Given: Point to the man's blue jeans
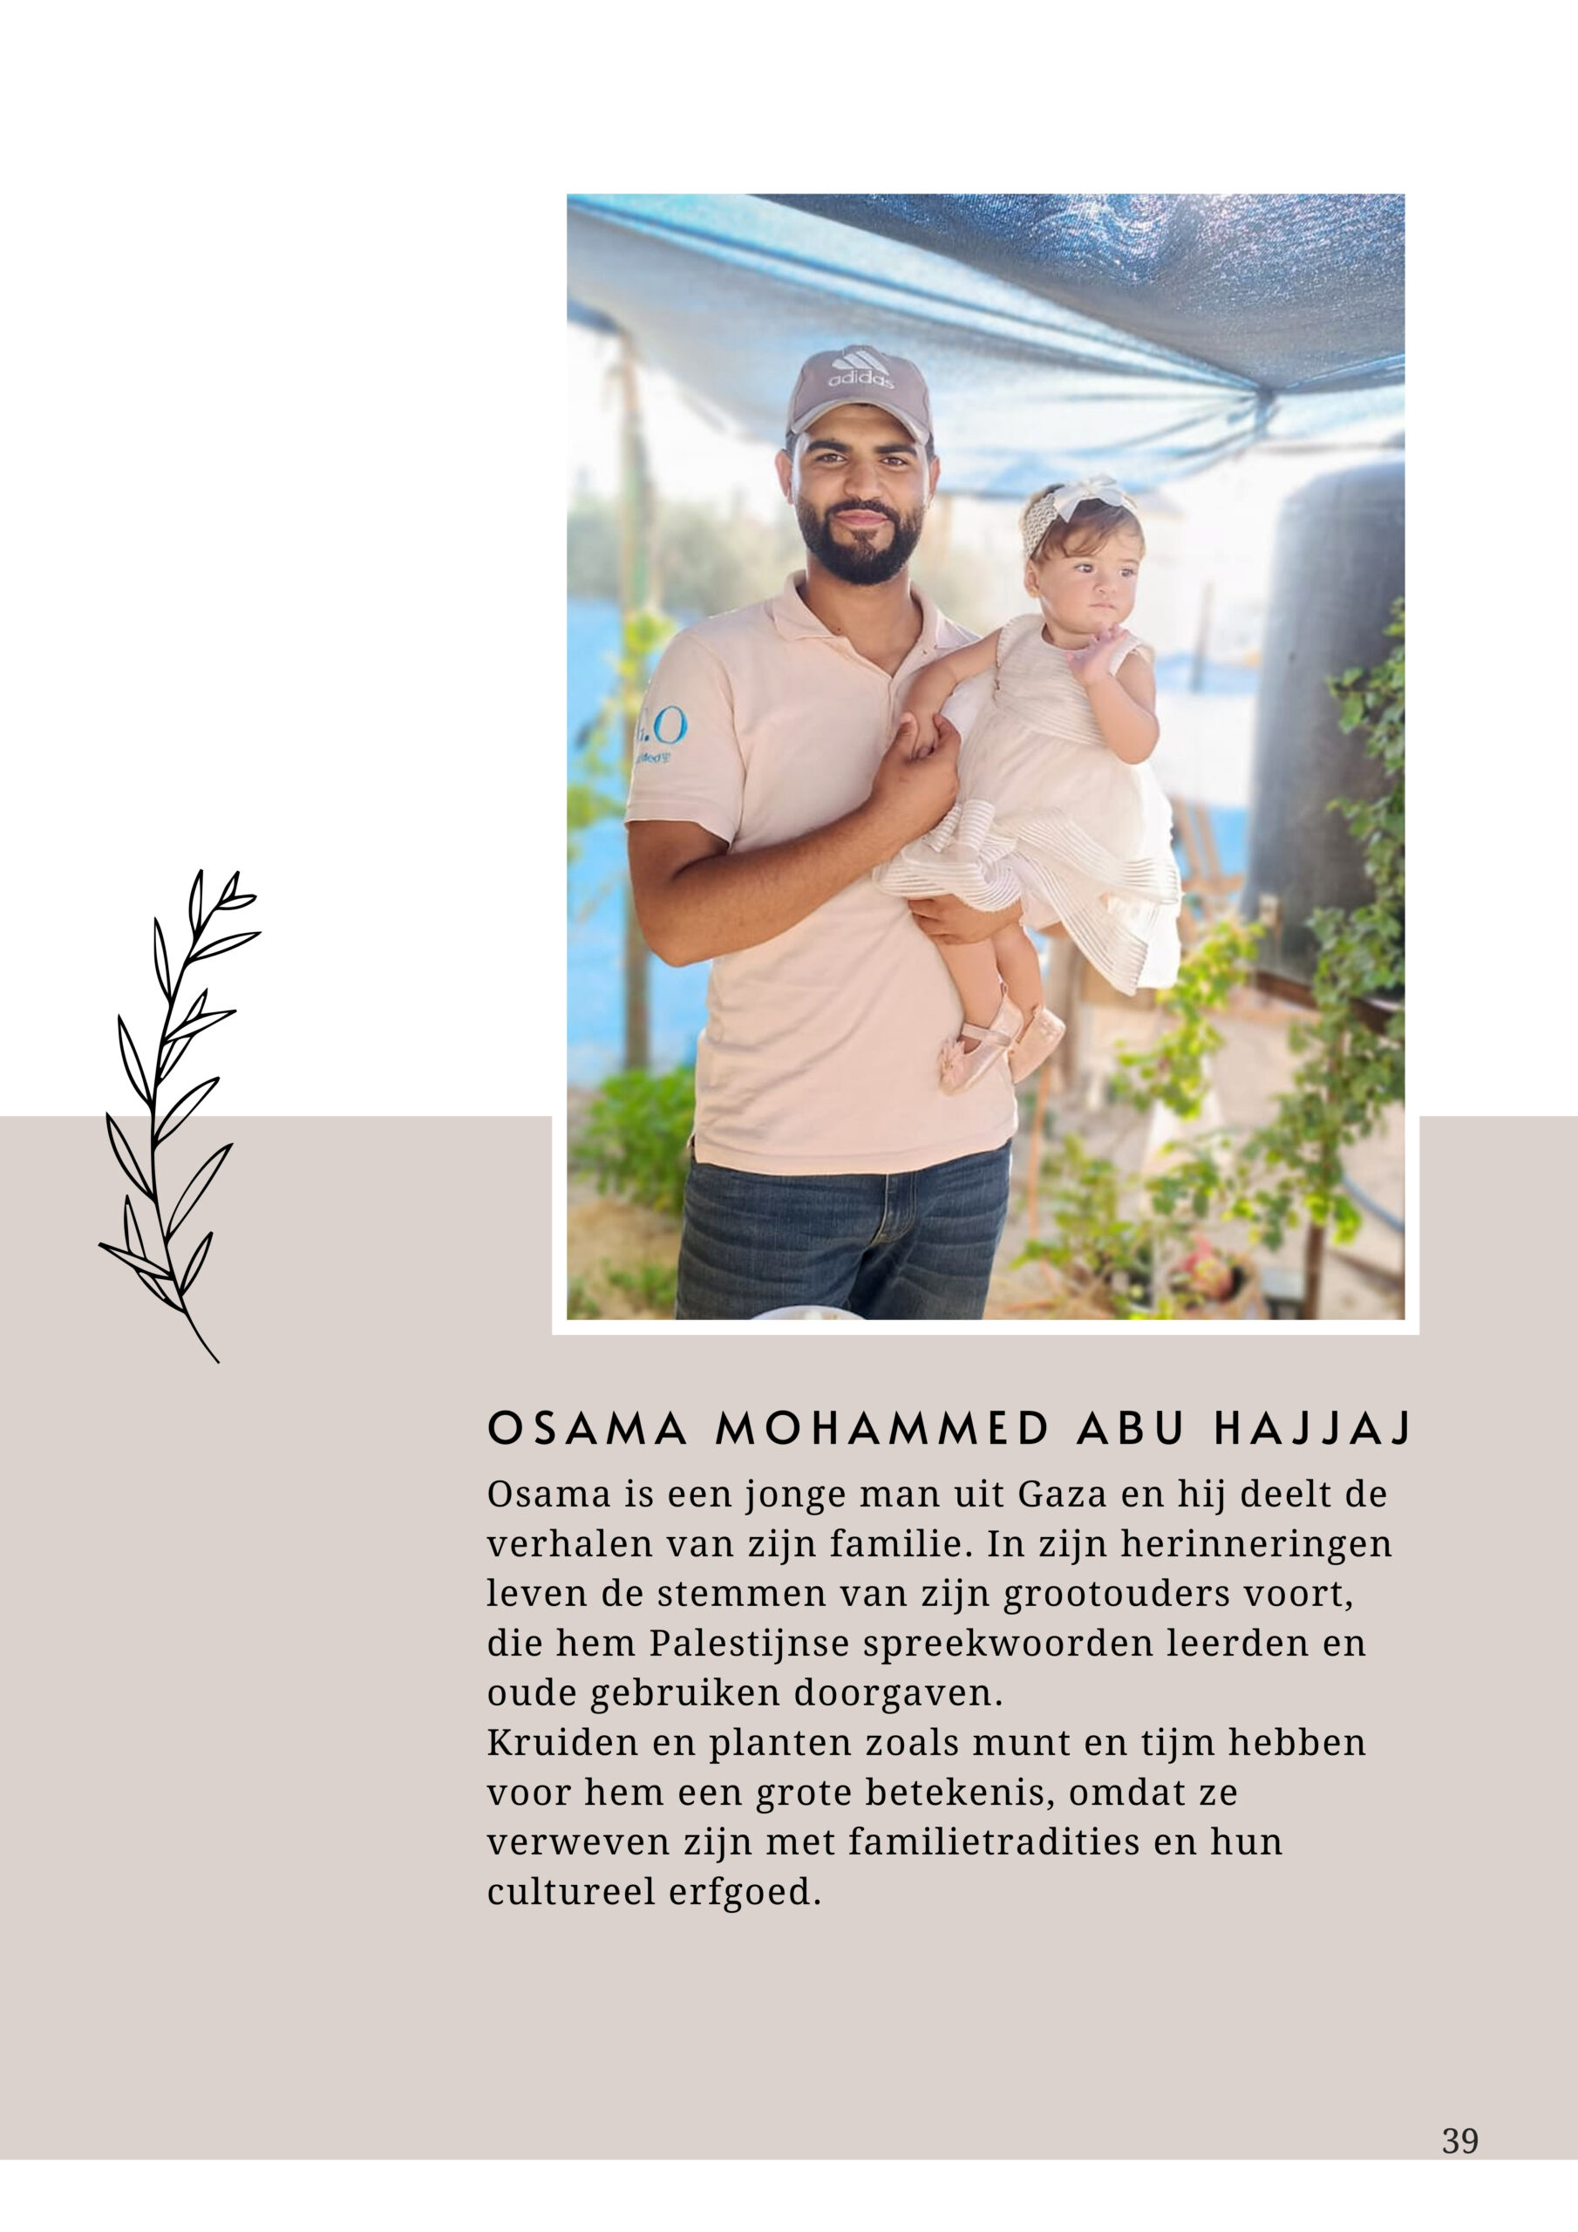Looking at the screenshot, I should coord(836,1235).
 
